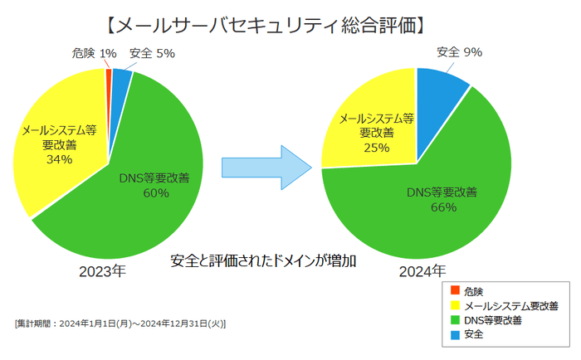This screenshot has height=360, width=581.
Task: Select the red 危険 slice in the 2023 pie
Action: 109,76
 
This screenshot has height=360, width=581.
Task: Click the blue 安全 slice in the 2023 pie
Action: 120,79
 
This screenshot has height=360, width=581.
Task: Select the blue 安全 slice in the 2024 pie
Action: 439,87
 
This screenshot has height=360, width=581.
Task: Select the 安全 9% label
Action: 459,52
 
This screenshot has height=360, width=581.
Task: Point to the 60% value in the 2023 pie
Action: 155,192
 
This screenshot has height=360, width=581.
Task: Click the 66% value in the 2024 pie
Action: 443,207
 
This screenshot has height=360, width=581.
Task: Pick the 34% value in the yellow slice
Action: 59,159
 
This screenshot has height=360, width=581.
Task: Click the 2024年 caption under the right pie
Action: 422,271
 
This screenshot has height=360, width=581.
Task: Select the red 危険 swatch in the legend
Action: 454,291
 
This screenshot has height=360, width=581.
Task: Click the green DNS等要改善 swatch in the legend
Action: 454,320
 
